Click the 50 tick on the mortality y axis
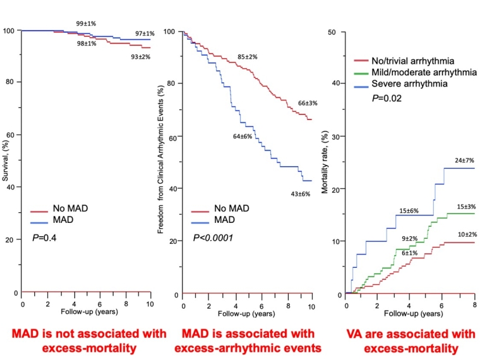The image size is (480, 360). pyautogui.click(x=339, y=31)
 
